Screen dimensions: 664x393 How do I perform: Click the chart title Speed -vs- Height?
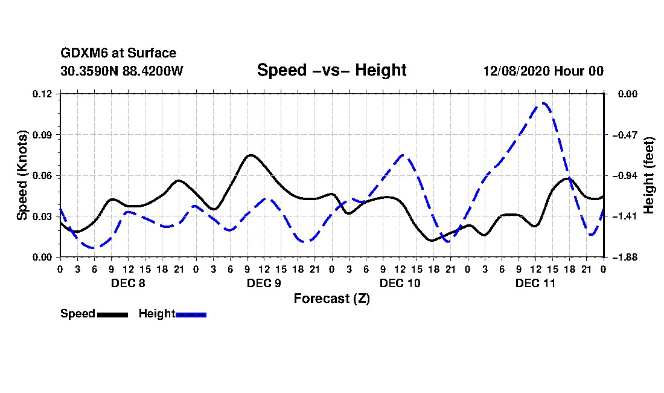coord(331,70)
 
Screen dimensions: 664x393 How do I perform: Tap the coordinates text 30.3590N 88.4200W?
coord(122,71)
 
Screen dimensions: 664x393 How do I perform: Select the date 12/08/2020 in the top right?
coord(516,71)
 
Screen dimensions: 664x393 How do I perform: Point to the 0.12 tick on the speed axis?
coord(42,94)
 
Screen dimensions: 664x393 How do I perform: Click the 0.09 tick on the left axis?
coord(42,135)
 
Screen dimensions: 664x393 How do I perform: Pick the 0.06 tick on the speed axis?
coord(42,175)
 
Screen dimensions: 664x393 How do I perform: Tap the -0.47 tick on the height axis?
coord(625,135)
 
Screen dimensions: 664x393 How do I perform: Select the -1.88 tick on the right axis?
coord(625,258)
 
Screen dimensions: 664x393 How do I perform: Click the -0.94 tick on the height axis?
coord(625,175)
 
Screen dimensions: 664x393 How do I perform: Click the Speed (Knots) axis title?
coord(22,175)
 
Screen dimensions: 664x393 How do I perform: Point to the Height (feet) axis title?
coord(649,175)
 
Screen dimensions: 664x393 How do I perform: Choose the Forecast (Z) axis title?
coord(332,299)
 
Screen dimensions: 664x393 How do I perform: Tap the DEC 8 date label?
coord(128,283)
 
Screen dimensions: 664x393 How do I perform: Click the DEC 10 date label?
coord(400,283)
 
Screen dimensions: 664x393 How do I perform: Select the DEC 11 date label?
coord(535,283)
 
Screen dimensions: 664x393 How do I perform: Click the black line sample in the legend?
coord(113,314)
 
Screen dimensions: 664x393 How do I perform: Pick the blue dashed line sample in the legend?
coord(191,314)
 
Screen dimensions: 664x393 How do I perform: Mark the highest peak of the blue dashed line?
coord(544,103)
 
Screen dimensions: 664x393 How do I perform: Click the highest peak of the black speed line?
coord(251,155)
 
